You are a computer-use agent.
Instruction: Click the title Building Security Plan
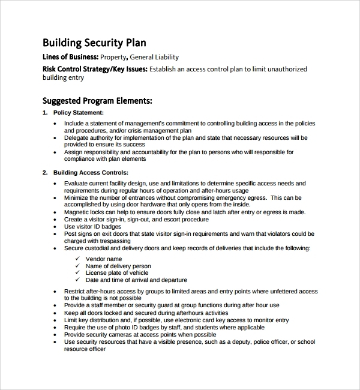tap(94, 43)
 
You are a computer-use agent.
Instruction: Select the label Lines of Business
tap(70, 58)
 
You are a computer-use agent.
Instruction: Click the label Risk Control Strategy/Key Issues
tap(94, 69)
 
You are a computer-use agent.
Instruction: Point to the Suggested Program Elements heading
tap(97, 101)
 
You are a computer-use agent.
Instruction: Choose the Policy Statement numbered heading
tap(79, 112)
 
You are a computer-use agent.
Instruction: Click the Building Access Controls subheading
tap(91, 173)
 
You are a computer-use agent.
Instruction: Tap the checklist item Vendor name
tap(104, 259)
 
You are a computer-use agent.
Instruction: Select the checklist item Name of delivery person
tap(118, 266)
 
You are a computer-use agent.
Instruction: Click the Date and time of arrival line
tap(136, 280)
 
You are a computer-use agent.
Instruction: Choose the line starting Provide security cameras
tap(140, 335)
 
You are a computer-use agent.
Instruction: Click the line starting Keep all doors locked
tap(146, 313)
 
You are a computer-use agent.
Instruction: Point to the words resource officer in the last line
tap(85, 349)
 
